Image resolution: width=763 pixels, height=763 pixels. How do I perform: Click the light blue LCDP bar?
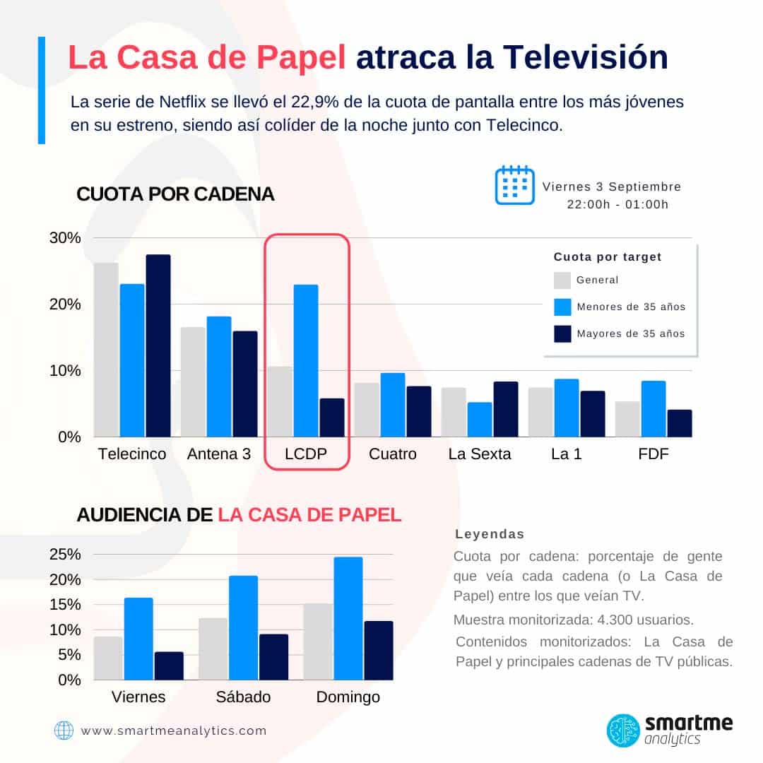coord(306,360)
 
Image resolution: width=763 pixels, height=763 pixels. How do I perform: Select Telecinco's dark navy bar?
coord(158,345)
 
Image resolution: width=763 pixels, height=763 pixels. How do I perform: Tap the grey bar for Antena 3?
coord(193,381)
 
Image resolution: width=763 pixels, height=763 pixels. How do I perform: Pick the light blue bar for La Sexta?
coord(480,420)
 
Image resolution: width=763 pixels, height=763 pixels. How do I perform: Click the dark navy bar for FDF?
coord(679,423)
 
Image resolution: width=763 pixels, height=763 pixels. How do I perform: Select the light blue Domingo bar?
coord(348,618)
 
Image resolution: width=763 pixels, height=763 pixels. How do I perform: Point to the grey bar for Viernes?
coord(108,658)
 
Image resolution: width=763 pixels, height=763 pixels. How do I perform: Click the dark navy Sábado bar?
coord(273,656)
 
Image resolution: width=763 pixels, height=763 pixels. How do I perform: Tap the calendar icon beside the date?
coord(514,185)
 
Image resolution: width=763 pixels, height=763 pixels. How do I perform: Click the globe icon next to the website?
coord(64,731)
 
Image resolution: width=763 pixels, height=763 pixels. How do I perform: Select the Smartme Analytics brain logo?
coord(624,731)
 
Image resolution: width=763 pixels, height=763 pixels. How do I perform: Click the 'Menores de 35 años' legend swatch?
coord(562,307)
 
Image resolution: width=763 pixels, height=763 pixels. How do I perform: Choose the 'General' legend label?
coord(597,280)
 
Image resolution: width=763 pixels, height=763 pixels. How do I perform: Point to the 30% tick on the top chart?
coord(65,238)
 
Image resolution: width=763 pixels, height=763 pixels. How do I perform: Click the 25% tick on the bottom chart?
coord(65,555)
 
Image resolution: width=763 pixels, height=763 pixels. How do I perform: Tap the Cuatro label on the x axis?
coord(393,454)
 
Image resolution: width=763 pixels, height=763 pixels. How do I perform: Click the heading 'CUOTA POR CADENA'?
coord(175,194)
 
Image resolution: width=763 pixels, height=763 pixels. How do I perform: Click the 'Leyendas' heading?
coord(490,534)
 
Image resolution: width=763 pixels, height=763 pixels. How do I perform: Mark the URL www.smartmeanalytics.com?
coord(174,731)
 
